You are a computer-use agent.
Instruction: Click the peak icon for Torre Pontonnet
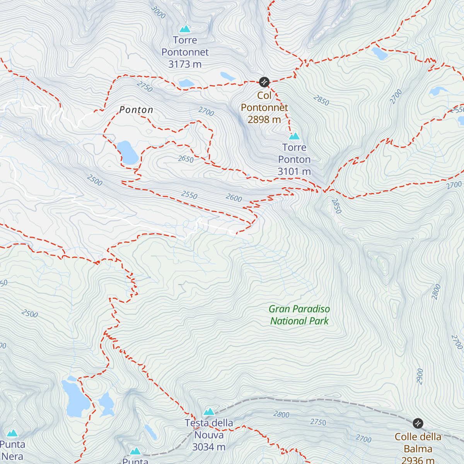pyautogui.click(x=185, y=29)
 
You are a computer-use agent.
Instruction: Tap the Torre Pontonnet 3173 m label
pyautogui.click(x=185, y=52)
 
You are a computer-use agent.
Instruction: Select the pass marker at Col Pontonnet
pyautogui.click(x=264, y=82)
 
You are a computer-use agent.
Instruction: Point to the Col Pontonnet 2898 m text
pyautogui.click(x=264, y=107)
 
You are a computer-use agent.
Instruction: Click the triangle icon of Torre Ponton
pyautogui.click(x=294, y=136)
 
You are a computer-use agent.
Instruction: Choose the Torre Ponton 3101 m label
pyautogui.click(x=294, y=159)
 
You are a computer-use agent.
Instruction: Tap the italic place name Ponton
pyautogui.click(x=136, y=110)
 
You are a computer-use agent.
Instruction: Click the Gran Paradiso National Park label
pyautogui.click(x=299, y=315)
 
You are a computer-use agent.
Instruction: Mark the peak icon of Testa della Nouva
pyautogui.click(x=209, y=411)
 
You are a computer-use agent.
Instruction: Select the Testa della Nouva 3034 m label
pyautogui.click(x=209, y=435)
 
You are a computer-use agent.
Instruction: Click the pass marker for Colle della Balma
pyautogui.click(x=418, y=423)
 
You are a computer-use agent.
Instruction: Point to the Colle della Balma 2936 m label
pyautogui.click(x=418, y=448)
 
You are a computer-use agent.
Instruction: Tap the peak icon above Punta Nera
pyautogui.click(x=12, y=433)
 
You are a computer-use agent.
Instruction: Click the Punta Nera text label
pyautogui.click(x=12, y=450)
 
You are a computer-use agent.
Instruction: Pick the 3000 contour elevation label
pyautogui.click(x=158, y=12)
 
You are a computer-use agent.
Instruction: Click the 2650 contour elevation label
pyautogui.click(x=186, y=159)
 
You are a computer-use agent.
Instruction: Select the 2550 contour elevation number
pyautogui.click(x=189, y=195)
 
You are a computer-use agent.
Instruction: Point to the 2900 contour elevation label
pyautogui.click(x=420, y=376)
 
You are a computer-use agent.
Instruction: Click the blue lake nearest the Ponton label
pyautogui.click(x=127, y=152)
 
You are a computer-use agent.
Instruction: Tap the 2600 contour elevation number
pyautogui.click(x=234, y=198)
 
